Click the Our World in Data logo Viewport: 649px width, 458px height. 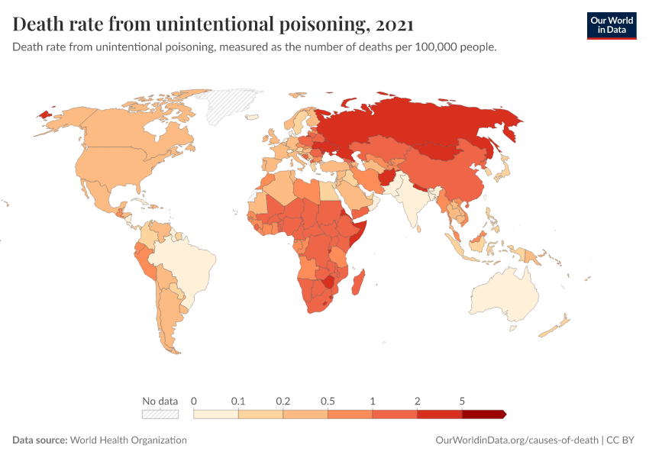(x=612, y=25)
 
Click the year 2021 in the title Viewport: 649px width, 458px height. (x=394, y=24)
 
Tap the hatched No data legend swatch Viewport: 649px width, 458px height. (x=160, y=414)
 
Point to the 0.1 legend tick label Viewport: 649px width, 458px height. (x=238, y=401)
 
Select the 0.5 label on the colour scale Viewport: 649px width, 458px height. (x=328, y=401)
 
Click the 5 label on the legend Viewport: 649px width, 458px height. (x=462, y=401)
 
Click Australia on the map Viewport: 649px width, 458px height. (x=504, y=294)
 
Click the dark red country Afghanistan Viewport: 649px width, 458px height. (x=386, y=178)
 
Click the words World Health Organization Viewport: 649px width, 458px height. (x=129, y=440)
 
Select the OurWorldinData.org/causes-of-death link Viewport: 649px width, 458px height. (x=516, y=440)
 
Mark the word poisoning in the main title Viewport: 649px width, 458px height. (x=312, y=24)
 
